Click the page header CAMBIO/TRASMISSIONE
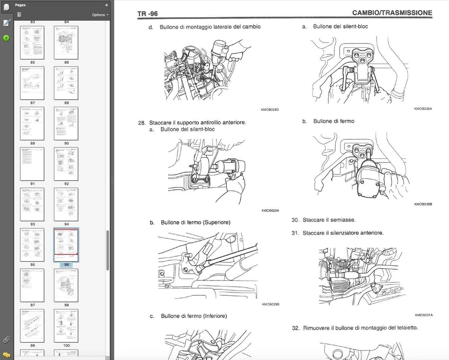pyautogui.click(x=392, y=13)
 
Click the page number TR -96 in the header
pyautogui.click(x=147, y=14)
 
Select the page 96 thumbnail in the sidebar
pyautogui.click(x=66, y=245)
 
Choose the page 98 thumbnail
pyautogui.click(x=66, y=286)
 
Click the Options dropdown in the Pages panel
pyautogui.click(x=100, y=15)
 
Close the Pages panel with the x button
pyautogui.click(x=106, y=5)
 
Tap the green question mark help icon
pyautogui.click(x=6, y=38)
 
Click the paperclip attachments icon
pyautogui.click(x=6, y=339)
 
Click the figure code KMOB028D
pyautogui.click(x=270, y=110)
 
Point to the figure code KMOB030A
pyautogui.click(x=423, y=109)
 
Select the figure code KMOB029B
pyautogui.click(x=270, y=304)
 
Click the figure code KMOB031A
pyautogui.click(x=424, y=315)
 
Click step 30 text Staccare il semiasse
pyautogui.click(x=329, y=220)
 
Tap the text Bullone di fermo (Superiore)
pyautogui.click(x=196, y=222)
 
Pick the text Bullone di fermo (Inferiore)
pyautogui.click(x=194, y=316)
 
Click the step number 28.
pyautogui.click(x=142, y=123)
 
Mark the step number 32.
pyautogui.click(x=295, y=328)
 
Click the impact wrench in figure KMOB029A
pyautogui.click(x=227, y=166)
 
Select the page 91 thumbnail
pyautogui.click(x=32, y=164)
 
